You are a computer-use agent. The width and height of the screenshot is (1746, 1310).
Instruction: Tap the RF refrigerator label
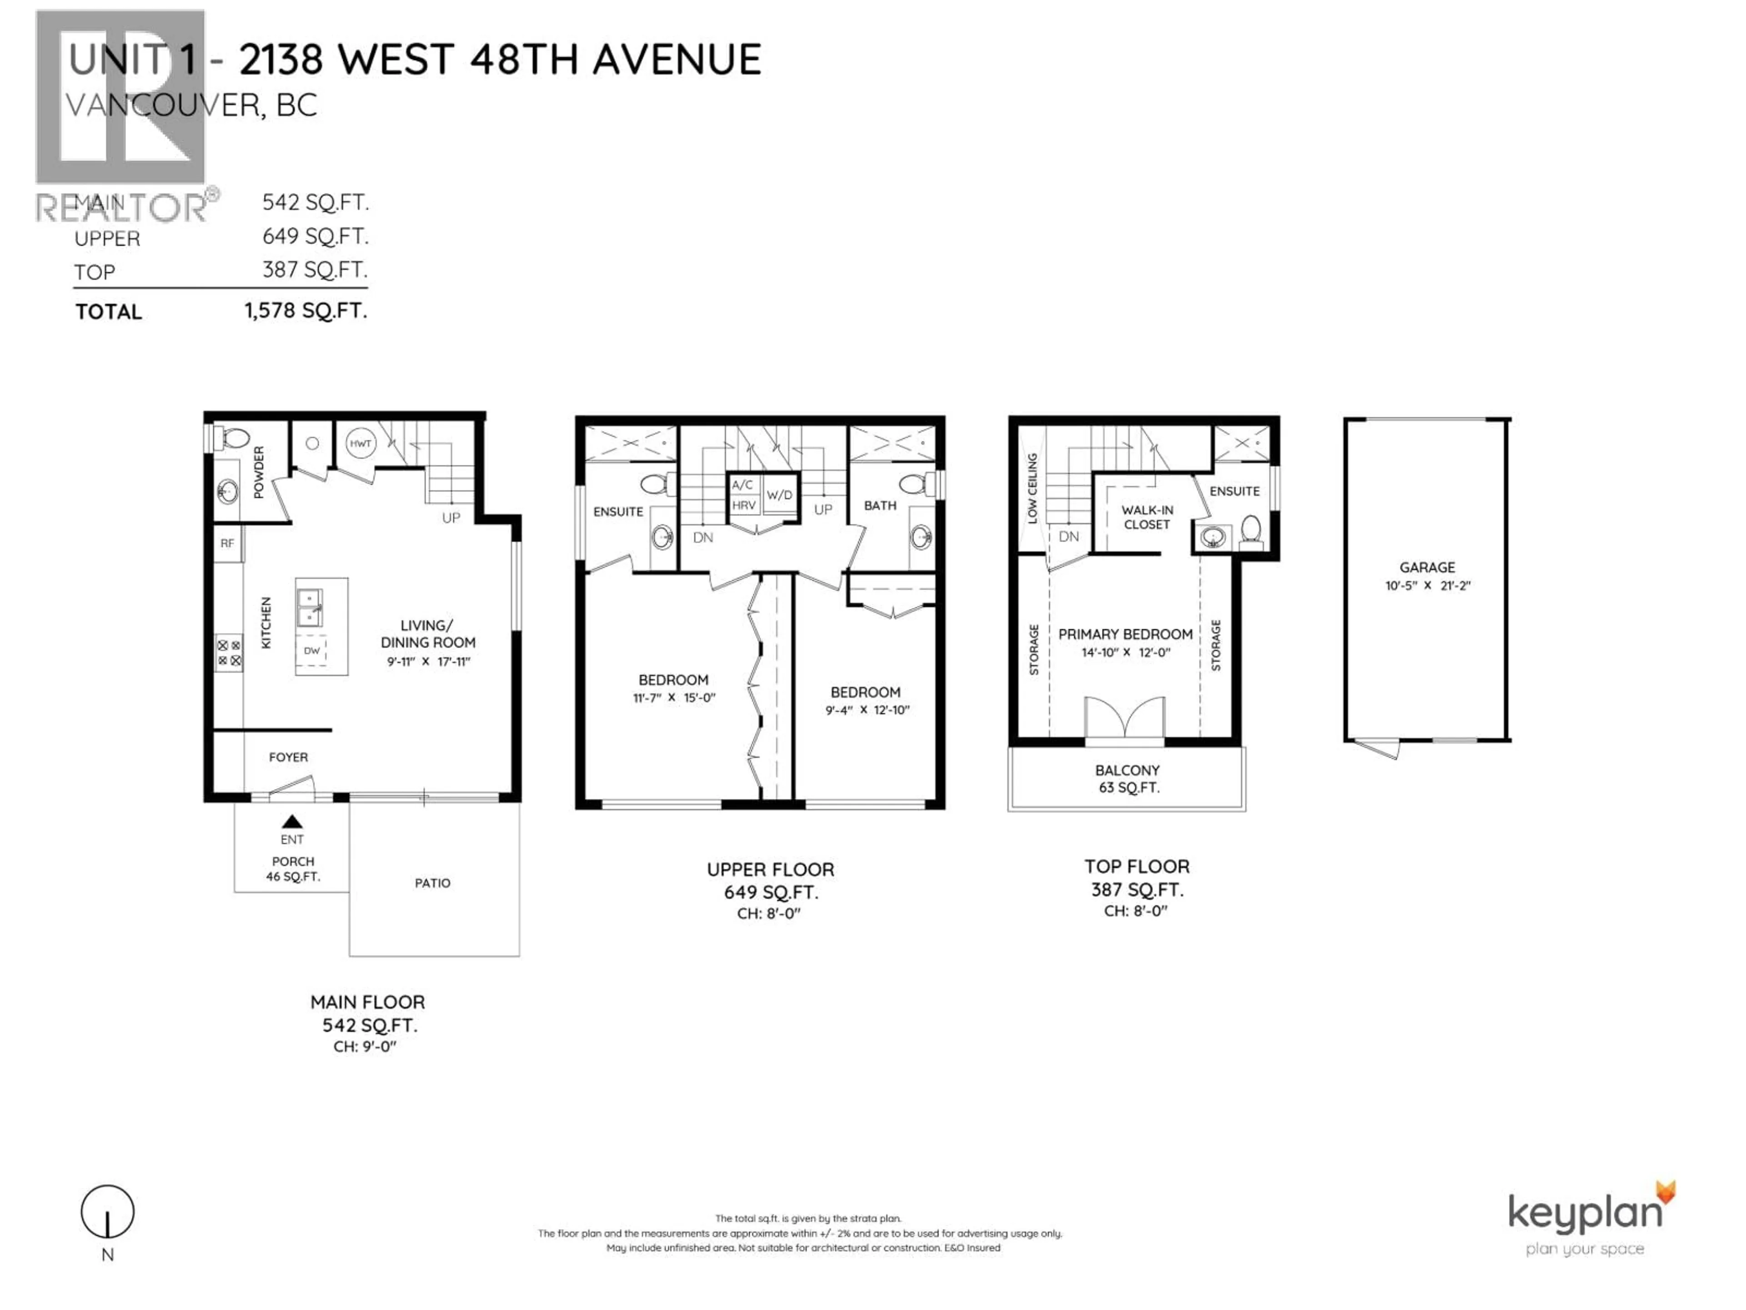pos(227,543)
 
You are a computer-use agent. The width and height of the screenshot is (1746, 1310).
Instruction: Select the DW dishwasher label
pos(312,650)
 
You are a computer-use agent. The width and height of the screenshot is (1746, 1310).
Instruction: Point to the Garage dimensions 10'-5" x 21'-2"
pos(1427,586)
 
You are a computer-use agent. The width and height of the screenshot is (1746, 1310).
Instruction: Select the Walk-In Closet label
pos(1147,517)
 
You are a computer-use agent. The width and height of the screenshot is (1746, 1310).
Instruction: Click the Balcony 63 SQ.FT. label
pos(1127,779)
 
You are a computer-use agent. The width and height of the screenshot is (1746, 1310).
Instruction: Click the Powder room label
pos(259,472)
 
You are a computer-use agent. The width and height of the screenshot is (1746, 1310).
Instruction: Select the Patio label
pos(432,883)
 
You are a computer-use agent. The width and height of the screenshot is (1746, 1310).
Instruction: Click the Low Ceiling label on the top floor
pos(1032,488)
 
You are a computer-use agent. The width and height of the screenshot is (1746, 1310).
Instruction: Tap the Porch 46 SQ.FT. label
pos(293,869)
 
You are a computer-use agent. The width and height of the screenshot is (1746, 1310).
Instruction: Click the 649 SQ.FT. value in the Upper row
pos(315,236)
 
